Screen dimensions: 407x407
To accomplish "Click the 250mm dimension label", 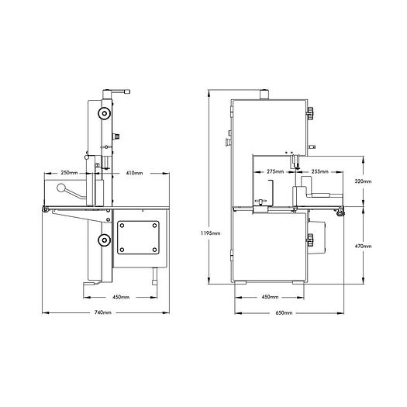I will point(67,172).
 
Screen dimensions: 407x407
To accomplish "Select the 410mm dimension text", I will point(135,172).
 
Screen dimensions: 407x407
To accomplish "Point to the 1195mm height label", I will point(209,233).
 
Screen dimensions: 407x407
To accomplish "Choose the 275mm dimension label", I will point(274,171).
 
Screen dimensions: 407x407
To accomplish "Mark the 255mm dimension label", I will point(317,171).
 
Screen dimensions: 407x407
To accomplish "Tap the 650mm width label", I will point(284,312).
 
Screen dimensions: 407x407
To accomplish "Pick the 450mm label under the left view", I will point(121,297).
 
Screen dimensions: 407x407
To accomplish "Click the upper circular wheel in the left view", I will point(102,115).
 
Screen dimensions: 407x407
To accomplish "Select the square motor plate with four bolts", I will point(141,238).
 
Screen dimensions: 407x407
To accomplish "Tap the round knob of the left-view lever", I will point(61,189).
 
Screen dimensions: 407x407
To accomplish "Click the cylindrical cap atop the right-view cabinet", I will point(263,95).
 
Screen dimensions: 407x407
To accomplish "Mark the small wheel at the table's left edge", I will point(46,211).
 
